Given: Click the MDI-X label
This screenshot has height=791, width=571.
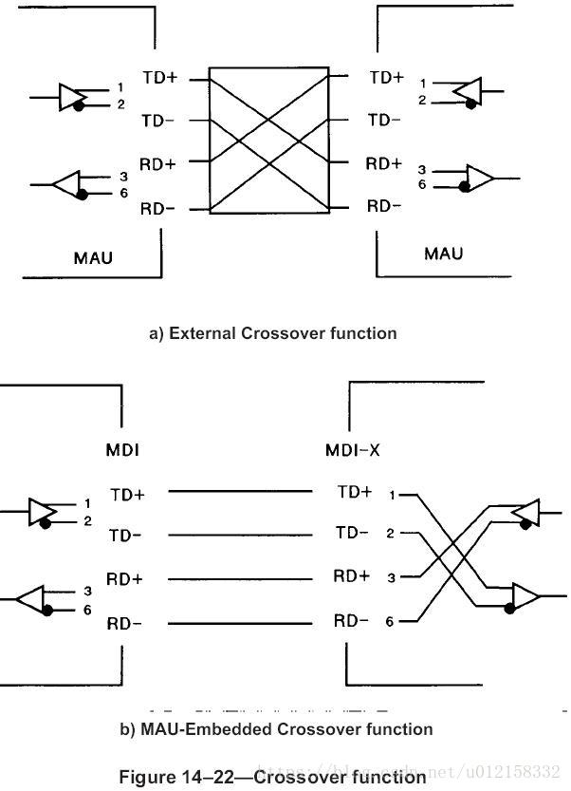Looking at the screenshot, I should [x=353, y=450].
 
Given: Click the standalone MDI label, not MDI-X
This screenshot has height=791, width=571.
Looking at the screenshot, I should [x=123, y=450].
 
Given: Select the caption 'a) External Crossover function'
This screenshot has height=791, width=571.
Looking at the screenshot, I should [x=273, y=333].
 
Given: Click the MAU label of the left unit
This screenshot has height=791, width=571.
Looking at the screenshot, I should [x=95, y=256].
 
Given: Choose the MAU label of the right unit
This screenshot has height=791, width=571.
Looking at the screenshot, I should [x=443, y=254].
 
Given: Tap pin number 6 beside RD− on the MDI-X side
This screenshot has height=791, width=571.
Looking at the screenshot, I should [x=390, y=622].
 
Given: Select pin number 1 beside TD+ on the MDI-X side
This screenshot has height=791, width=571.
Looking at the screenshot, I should [x=390, y=494].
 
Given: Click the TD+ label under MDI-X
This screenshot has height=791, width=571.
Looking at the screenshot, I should [x=355, y=492].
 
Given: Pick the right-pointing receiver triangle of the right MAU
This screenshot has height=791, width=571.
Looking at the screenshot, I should [x=479, y=178].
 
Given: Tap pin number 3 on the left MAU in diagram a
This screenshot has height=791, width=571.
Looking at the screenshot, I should [x=123, y=177].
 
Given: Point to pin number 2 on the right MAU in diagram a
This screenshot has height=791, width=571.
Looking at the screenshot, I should [x=422, y=101].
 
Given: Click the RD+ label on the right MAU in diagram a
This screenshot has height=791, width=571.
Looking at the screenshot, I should [x=384, y=163].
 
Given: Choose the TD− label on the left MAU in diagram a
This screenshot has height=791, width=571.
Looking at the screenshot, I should [x=158, y=121].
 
